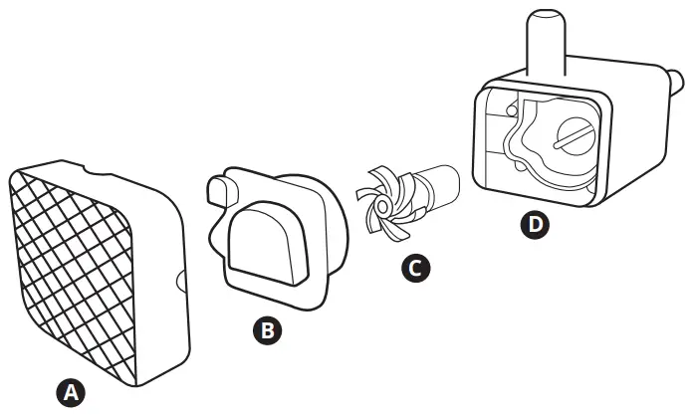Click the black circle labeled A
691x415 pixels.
[x=69, y=392]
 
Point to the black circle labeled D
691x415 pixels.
[x=536, y=225]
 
